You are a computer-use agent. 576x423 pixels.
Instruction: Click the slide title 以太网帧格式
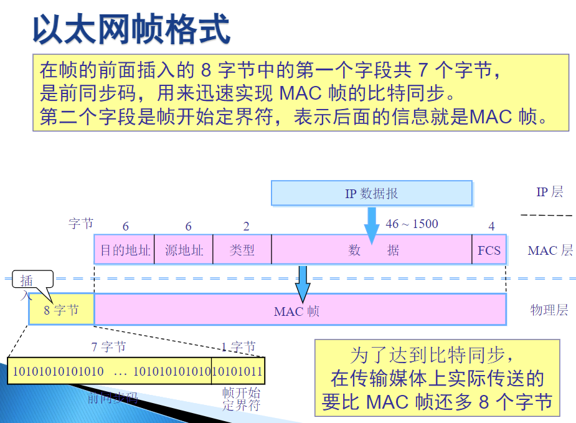click(131, 29)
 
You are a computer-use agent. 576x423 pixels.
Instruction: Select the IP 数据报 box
click(371, 193)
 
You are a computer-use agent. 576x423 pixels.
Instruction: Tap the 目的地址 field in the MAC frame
click(125, 250)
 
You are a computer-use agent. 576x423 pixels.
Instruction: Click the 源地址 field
click(184, 250)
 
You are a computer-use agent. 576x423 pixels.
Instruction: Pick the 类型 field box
click(242, 250)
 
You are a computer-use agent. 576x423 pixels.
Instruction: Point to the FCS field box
click(489, 250)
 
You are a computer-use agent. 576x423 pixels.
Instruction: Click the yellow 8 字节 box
click(62, 310)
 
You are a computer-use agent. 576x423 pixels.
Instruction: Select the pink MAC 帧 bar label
click(297, 310)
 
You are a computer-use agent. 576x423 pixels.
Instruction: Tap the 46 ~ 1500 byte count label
click(412, 224)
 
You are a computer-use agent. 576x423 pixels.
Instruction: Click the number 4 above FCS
click(491, 226)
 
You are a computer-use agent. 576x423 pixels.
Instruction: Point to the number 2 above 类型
click(246, 226)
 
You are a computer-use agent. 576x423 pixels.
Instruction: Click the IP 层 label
click(549, 192)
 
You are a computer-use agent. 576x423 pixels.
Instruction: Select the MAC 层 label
click(550, 250)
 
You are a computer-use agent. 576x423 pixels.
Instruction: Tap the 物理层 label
click(549, 310)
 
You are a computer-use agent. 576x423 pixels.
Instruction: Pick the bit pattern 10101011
click(237, 372)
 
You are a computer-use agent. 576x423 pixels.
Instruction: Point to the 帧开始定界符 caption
click(240, 399)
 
